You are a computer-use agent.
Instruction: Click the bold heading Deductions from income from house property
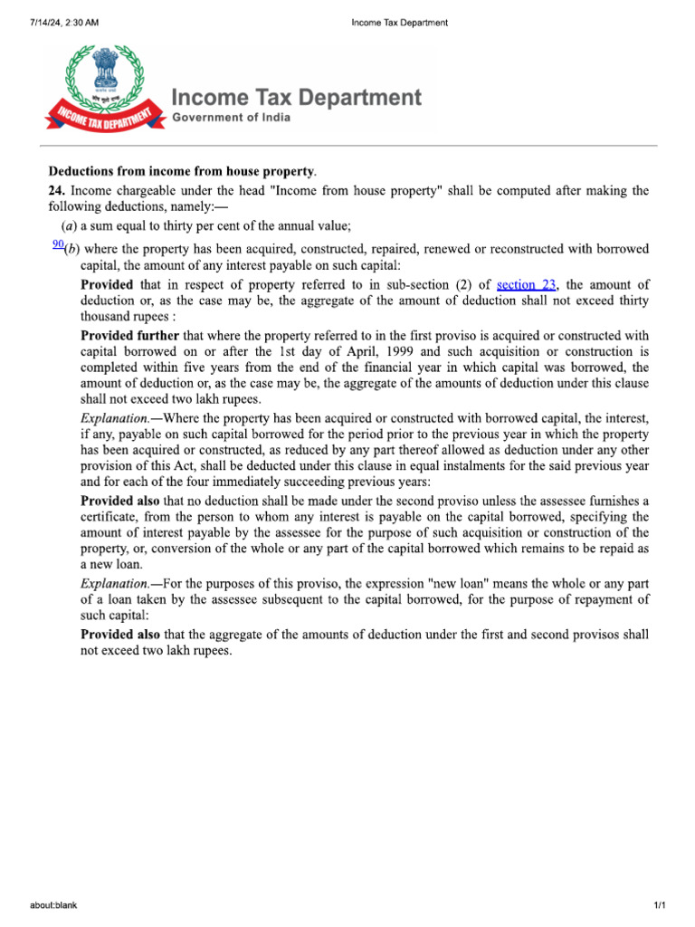pyautogui.click(x=182, y=171)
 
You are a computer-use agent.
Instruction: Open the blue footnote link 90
pyautogui.click(x=58, y=244)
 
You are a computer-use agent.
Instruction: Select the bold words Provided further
pyautogui.click(x=130, y=336)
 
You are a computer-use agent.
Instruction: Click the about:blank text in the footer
pyautogui.click(x=52, y=905)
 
